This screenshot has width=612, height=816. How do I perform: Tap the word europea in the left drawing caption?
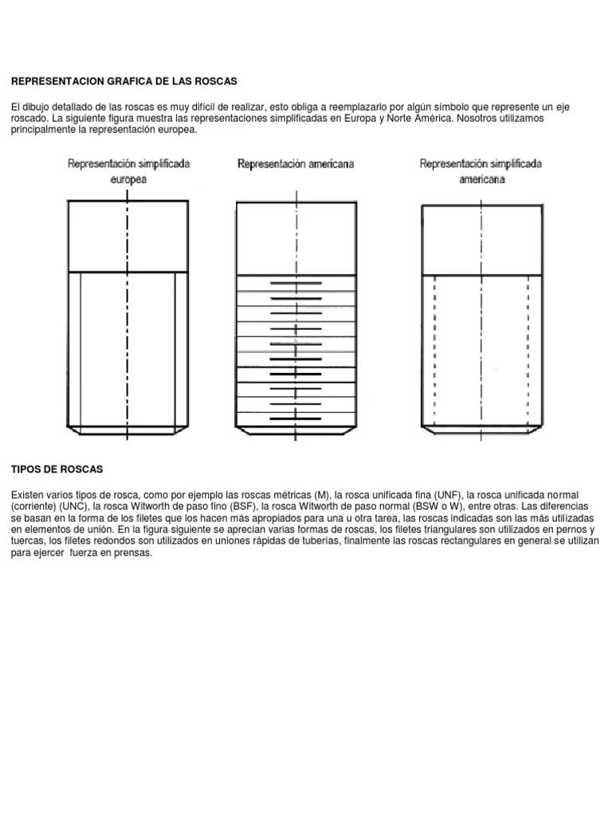tap(127, 179)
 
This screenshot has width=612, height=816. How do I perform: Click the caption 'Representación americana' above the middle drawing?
tap(296, 164)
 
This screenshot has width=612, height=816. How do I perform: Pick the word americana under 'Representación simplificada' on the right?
tap(481, 179)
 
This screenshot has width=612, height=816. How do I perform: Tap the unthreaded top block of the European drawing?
tap(127, 236)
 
